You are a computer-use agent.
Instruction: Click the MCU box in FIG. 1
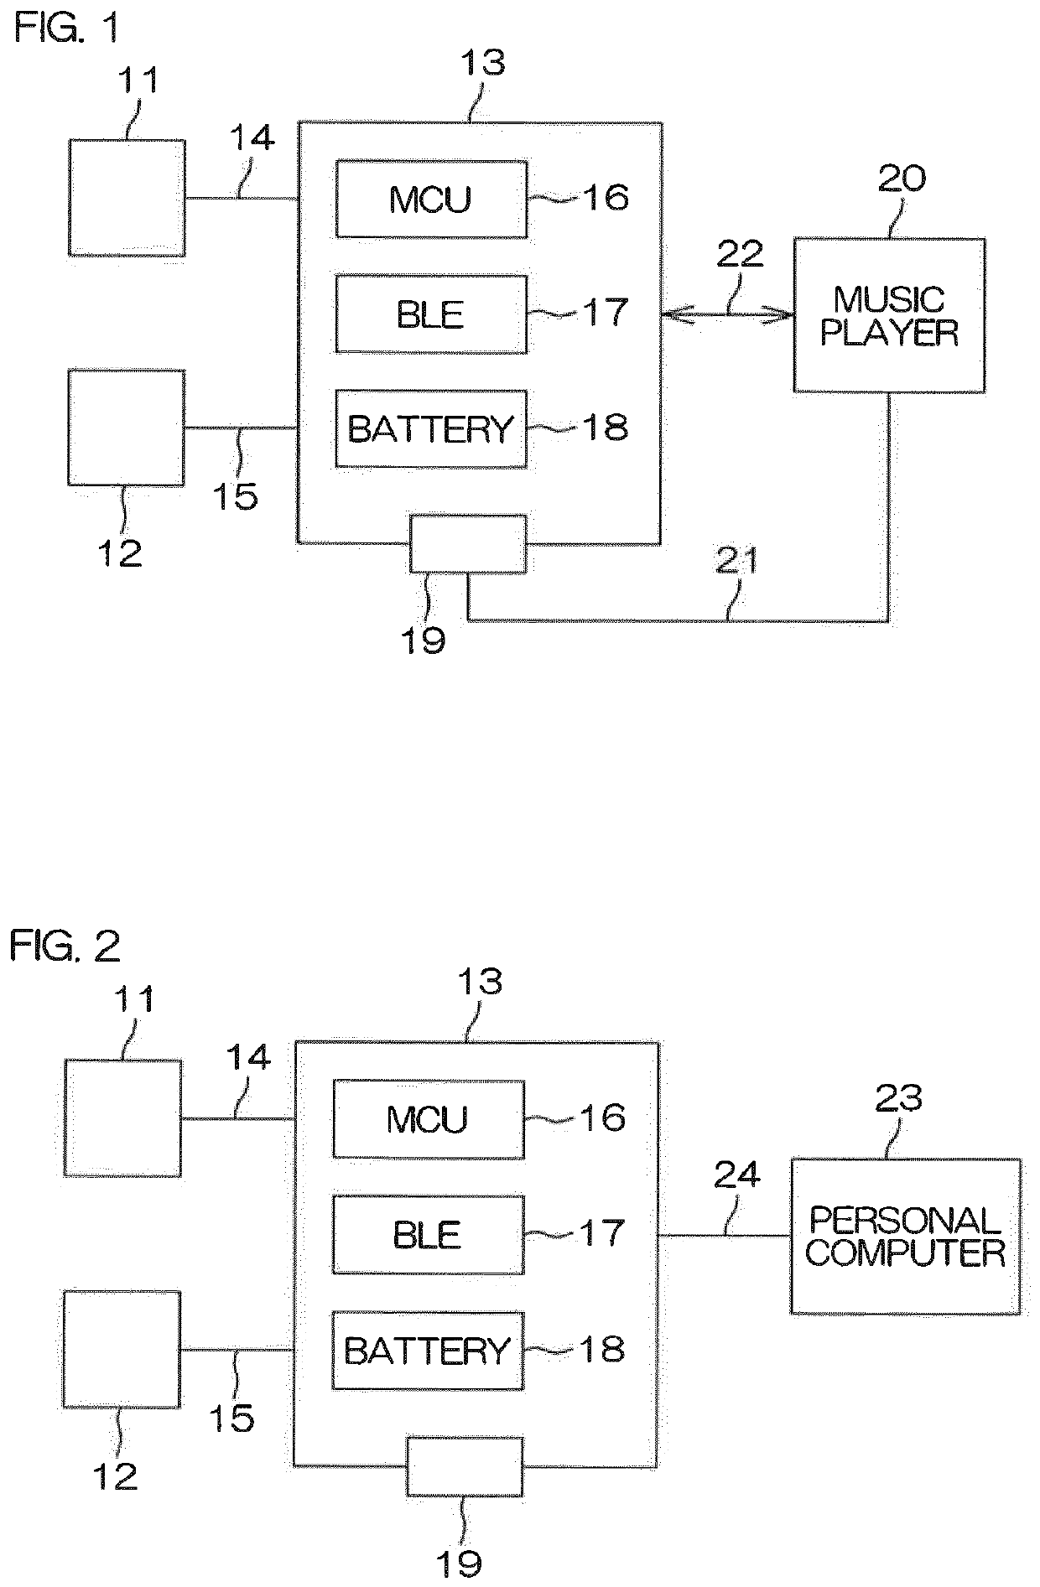tap(431, 199)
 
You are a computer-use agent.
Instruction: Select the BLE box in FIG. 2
tap(428, 1234)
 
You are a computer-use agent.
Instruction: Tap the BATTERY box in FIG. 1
tap(431, 428)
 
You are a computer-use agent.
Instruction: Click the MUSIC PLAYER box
tap(889, 315)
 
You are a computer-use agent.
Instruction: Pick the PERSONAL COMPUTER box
tap(905, 1236)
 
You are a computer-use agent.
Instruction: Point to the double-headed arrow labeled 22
tap(727, 315)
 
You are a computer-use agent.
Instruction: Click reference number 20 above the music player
tap(902, 179)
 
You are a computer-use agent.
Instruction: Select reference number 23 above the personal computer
tap(898, 1098)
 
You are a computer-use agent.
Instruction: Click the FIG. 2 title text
tap(65, 946)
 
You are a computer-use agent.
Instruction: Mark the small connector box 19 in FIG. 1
tap(468, 543)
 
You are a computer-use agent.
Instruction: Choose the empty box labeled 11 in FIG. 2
tap(122, 1118)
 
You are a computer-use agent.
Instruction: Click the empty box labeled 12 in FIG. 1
tap(126, 428)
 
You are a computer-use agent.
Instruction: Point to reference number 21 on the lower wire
tap(736, 561)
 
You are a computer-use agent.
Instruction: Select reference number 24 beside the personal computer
tap(736, 1175)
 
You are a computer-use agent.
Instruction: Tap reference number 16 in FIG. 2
tap(601, 1118)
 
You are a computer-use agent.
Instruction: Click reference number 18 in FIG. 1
tap(604, 428)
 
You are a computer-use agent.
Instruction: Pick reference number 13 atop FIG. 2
tap(479, 981)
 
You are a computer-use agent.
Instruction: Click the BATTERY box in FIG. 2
tap(428, 1350)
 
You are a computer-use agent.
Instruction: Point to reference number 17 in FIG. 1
tap(604, 313)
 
